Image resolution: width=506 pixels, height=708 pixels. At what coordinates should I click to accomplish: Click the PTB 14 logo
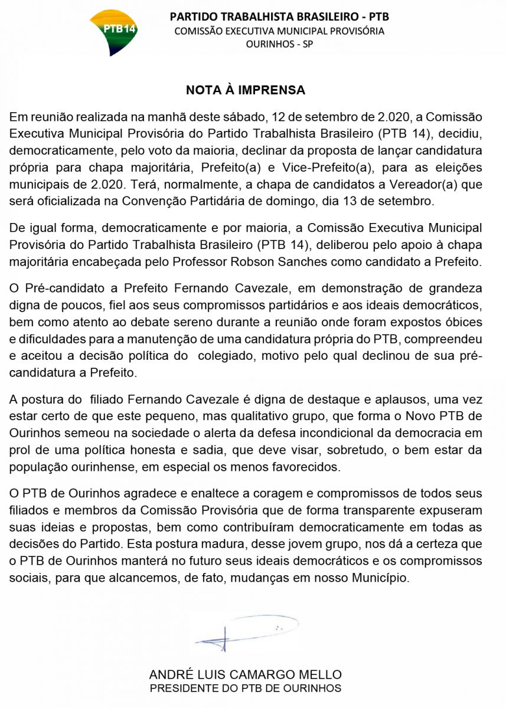tap(117, 32)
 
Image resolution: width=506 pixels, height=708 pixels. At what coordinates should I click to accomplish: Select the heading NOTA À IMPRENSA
tap(246, 90)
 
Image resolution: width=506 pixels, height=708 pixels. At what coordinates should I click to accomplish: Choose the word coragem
tap(263, 493)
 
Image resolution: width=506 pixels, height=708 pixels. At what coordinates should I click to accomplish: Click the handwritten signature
tap(246, 631)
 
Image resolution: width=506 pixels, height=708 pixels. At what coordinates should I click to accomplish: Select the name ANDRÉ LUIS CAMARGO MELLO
tap(246, 674)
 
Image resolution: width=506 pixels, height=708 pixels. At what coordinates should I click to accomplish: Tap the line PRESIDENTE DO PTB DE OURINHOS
tap(246, 689)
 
